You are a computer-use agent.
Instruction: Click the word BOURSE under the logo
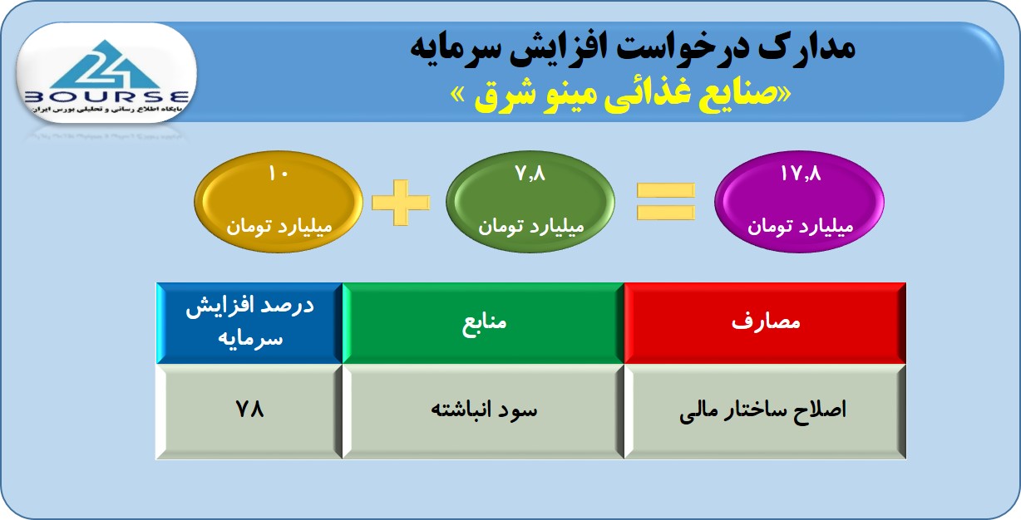tap(106, 97)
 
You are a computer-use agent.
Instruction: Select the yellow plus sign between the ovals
tap(401, 203)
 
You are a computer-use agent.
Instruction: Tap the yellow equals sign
tap(666, 202)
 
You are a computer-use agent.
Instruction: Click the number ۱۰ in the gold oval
tap(279, 174)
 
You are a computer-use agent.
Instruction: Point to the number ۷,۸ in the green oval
tap(530, 174)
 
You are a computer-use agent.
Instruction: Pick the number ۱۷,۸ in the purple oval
tap(801, 174)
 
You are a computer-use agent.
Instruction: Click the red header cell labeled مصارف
tap(765, 323)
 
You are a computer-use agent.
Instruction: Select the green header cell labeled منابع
tap(483, 323)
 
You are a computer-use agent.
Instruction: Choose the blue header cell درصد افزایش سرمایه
tap(249, 323)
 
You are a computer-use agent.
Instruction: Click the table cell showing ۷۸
tap(249, 411)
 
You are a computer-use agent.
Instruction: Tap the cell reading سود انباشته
tap(483, 411)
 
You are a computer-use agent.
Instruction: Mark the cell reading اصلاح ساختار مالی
tap(765, 411)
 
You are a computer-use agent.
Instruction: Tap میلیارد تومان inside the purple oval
tap(801, 226)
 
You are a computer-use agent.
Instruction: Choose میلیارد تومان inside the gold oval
tap(279, 226)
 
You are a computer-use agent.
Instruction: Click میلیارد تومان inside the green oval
tap(531, 226)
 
